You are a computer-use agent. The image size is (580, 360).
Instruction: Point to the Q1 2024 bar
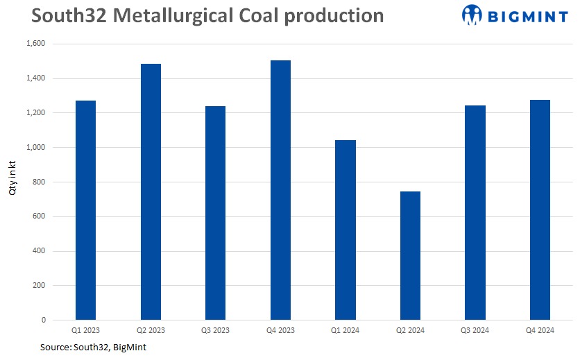[345, 230]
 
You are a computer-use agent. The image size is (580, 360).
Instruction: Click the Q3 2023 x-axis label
[215, 330]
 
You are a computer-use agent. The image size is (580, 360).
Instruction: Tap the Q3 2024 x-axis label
[475, 330]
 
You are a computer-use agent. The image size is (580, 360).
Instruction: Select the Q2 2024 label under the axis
[410, 330]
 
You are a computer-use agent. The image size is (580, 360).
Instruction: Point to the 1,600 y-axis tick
[35, 44]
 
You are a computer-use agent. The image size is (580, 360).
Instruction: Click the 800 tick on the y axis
[39, 182]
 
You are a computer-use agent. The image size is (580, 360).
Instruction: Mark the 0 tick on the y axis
[43, 320]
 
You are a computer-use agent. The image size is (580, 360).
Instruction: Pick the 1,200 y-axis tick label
[35, 113]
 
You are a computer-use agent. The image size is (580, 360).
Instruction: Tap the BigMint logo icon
[471, 15]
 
